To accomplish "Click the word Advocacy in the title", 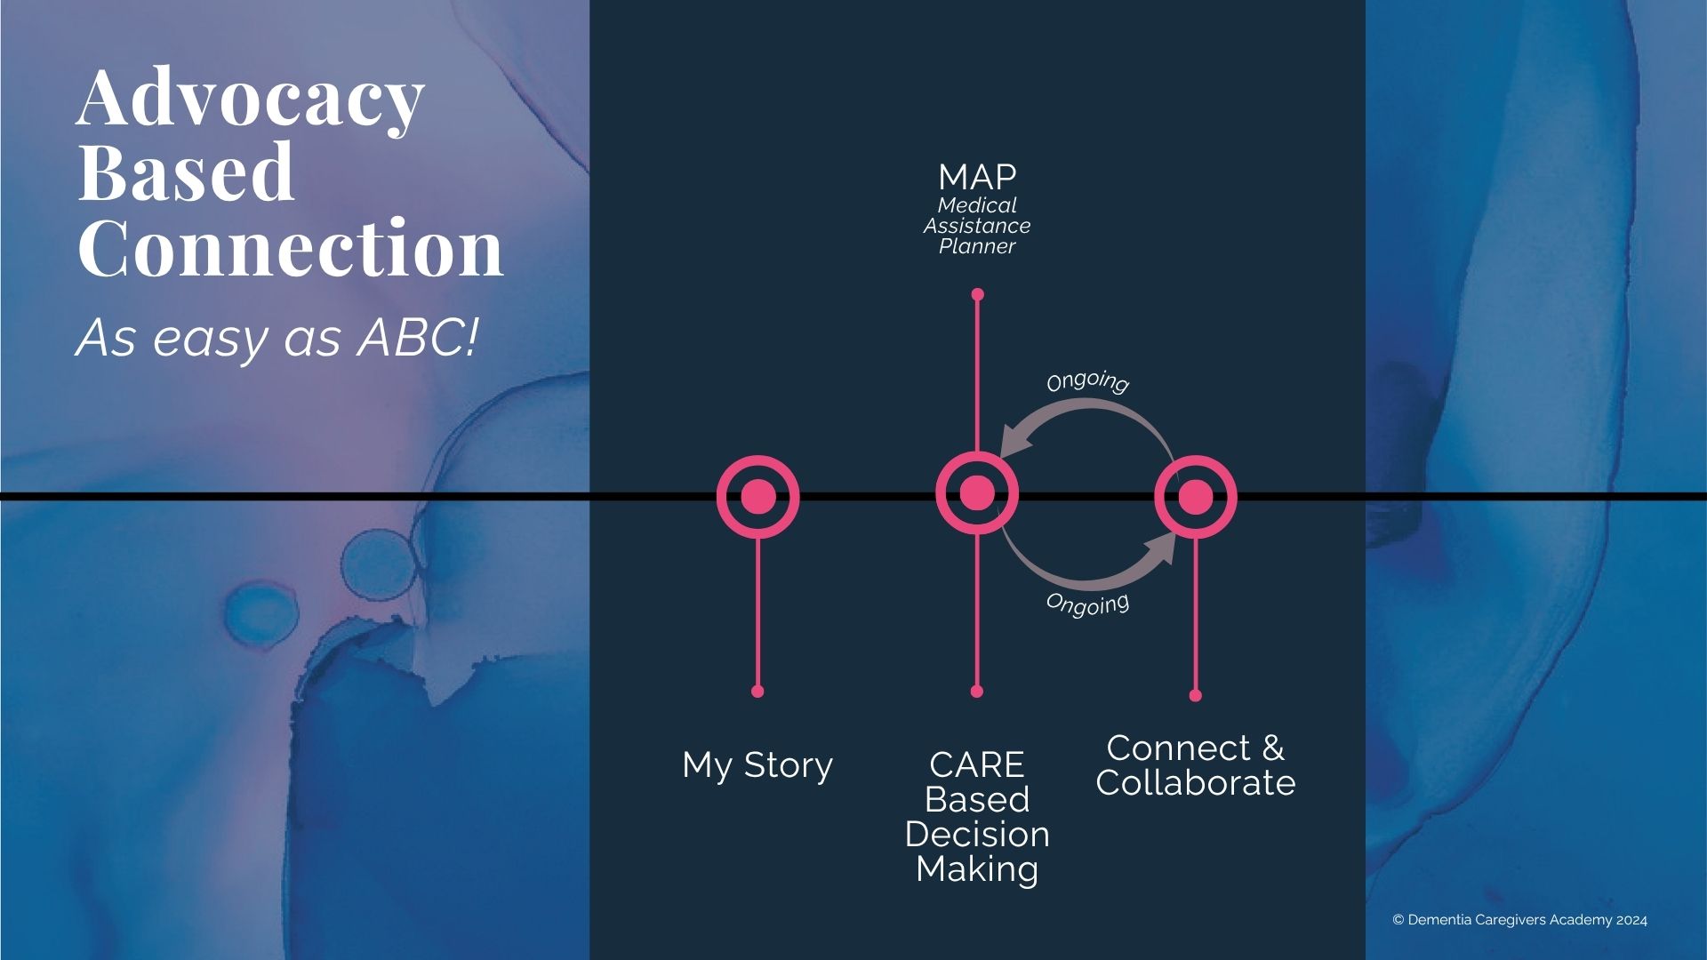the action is pyautogui.click(x=250, y=98).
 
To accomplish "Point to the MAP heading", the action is pyautogui.click(x=977, y=178).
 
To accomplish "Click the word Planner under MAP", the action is pyautogui.click(x=977, y=247).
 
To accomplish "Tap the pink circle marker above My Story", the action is pyautogui.click(x=758, y=496).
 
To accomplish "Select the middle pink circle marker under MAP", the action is pyautogui.click(x=977, y=493).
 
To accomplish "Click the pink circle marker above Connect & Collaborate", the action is pyautogui.click(x=1196, y=497).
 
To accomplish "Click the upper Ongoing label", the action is pyautogui.click(x=1087, y=381).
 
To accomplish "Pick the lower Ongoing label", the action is pyautogui.click(x=1087, y=604).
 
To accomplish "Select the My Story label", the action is pyautogui.click(x=757, y=765).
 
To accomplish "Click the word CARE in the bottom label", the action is pyautogui.click(x=976, y=765).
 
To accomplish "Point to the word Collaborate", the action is pyautogui.click(x=1196, y=783).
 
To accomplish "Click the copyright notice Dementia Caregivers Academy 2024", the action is pyautogui.click(x=1519, y=920).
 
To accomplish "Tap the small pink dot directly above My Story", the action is pyautogui.click(x=757, y=692).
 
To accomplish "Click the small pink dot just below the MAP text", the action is pyautogui.click(x=977, y=294).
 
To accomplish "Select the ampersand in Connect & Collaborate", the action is pyautogui.click(x=1273, y=748).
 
